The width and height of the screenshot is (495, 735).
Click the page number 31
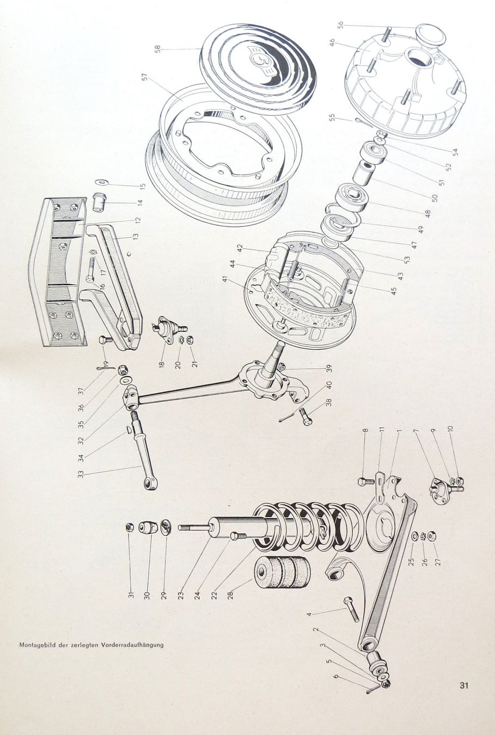click(464, 685)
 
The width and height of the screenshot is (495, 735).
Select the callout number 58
click(157, 48)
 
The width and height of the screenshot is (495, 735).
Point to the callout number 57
click(145, 77)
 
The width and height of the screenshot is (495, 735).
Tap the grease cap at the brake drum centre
click(430, 36)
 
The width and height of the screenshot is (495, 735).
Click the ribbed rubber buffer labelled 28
click(282, 573)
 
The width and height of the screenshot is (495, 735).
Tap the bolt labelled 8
click(364, 482)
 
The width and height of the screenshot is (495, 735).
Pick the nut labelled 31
click(130, 528)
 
